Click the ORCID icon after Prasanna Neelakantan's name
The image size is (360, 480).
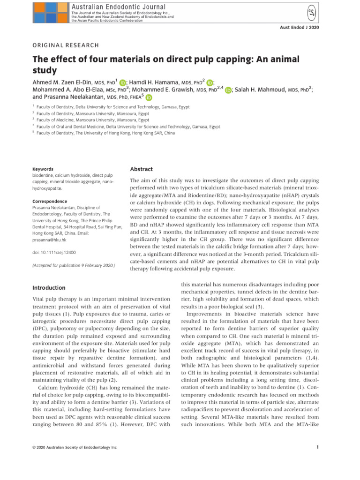tap(149, 98)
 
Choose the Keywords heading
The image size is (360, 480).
tap(43, 169)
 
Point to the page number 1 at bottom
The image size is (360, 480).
tap(317, 447)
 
